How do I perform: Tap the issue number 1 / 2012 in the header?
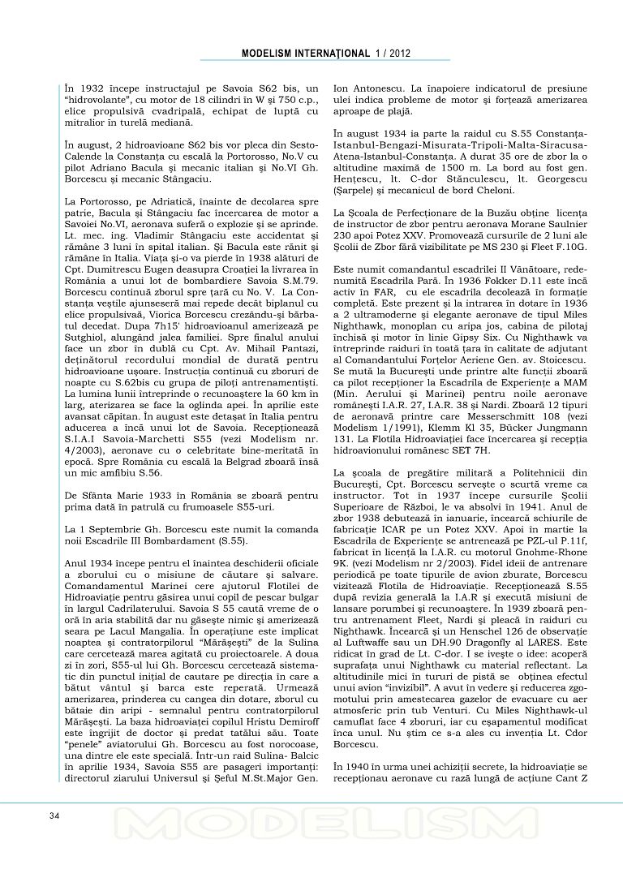pyautogui.click(x=393, y=54)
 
